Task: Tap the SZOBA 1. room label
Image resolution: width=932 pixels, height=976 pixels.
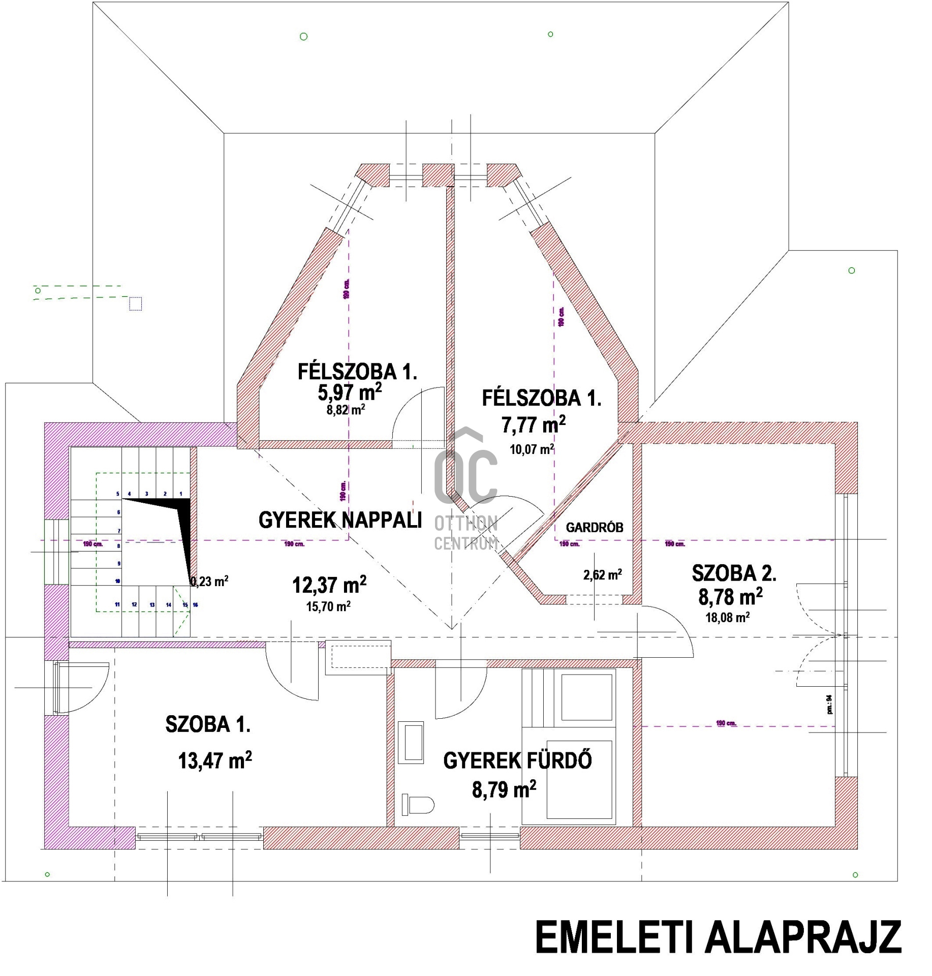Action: pyautogui.click(x=208, y=724)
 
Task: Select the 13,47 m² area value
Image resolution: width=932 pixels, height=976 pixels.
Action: pyautogui.click(x=214, y=761)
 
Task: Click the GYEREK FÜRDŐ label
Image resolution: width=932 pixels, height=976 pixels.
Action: pyautogui.click(x=517, y=760)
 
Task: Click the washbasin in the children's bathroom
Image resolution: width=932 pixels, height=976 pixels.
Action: pyautogui.click(x=411, y=743)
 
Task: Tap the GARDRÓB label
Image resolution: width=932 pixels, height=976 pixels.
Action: pyautogui.click(x=594, y=528)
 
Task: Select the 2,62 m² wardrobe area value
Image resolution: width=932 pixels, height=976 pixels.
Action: pyautogui.click(x=602, y=574)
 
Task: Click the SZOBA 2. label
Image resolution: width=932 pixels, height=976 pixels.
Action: pyautogui.click(x=733, y=573)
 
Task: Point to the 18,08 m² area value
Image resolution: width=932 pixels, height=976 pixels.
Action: pyautogui.click(x=727, y=618)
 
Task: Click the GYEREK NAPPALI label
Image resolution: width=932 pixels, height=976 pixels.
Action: pyautogui.click(x=340, y=520)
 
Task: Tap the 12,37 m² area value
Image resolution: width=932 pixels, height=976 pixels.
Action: pyautogui.click(x=329, y=586)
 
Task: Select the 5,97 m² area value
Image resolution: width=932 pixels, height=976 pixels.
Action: pyautogui.click(x=349, y=392)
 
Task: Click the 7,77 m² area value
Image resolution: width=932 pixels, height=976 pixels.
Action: pyautogui.click(x=533, y=425)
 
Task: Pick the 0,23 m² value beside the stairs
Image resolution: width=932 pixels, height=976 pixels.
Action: pyautogui.click(x=209, y=581)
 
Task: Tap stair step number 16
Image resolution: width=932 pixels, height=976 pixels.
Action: pyautogui.click(x=195, y=605)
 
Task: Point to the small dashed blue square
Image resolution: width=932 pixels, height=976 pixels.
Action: pyautogui.click(x=135, y=304)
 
